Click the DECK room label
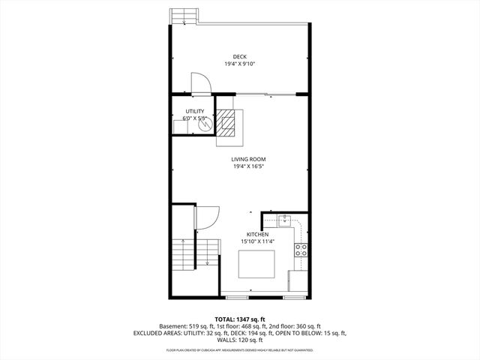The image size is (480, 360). [x=240, y=57]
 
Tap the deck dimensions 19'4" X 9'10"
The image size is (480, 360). [x=240, y=64]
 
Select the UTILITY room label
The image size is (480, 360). [x=194, y=112]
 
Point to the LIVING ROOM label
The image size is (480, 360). [x=248, y=159]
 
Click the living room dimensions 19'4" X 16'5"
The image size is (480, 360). [x=248, y=166]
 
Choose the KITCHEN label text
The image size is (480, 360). [x=257, y=234]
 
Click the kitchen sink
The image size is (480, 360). [x=285, y=221]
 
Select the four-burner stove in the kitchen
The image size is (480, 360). [x=300, y=250]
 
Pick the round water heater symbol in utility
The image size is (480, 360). [x=205, y=125]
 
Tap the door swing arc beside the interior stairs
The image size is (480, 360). [x=207, y=217]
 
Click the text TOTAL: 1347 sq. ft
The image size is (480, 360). [x=239, y=319]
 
